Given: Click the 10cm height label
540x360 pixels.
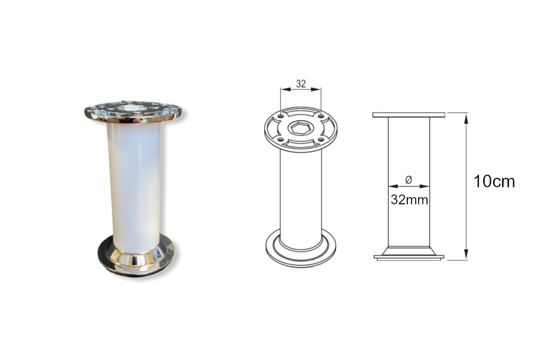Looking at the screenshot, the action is [x=494, y=181].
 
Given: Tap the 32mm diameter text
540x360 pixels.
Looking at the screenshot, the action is [x=410, y=200].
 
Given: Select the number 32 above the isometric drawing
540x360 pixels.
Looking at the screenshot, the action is [x=301, y=84].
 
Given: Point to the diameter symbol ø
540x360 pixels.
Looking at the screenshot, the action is [x=409, y=180].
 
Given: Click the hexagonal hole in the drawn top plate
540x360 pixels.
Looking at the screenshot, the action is [x=301, y=128].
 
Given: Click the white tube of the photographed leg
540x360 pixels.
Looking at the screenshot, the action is [x=135, y=186].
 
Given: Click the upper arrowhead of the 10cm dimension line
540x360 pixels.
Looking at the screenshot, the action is [x=466, y=118].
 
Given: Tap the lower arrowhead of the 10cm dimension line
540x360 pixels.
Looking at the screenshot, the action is [x=466, y=254].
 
